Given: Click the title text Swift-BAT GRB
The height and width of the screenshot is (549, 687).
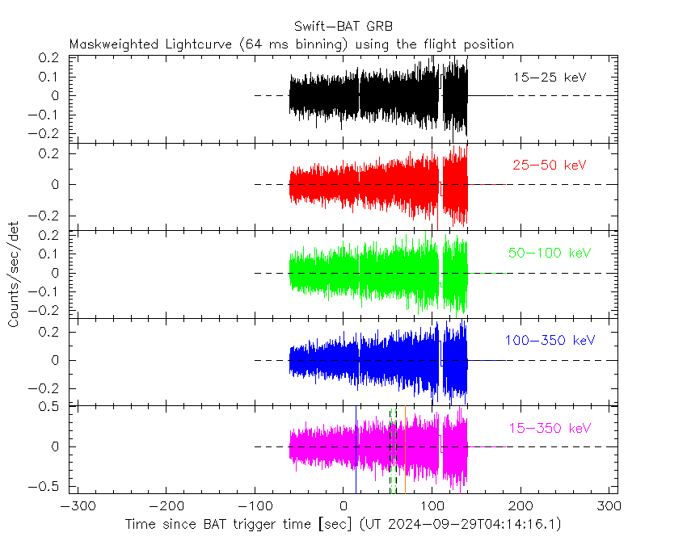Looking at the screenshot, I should pos(343,27).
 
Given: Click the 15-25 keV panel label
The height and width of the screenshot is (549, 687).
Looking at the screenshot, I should pos(550,78).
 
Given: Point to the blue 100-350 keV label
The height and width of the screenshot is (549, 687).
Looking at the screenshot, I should pos(550,341).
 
